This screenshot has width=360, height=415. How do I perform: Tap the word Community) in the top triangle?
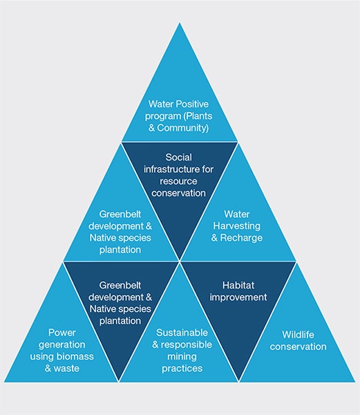click(183, 128)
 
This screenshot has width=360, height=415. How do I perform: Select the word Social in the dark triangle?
click(179, 157)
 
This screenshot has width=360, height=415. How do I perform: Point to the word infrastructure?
click(172, 169)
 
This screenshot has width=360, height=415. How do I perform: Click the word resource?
click(178, 181)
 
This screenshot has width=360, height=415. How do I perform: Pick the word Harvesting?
click(237, 226)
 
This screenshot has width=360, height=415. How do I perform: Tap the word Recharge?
click(241, 238)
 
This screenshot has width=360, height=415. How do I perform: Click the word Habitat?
click(238, 285)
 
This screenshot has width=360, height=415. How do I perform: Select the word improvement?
click(238, 297)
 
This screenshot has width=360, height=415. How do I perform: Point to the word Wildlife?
click(298, 335)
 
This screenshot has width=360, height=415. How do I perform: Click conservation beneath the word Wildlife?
click(298, 347)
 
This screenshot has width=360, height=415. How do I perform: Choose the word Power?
click(62, 333)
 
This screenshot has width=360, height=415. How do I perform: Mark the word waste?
click(66, 369)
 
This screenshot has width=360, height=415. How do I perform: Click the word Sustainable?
click(182, 333)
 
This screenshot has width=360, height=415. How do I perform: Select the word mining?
click(182, 357)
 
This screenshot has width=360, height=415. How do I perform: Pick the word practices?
click(182, 369)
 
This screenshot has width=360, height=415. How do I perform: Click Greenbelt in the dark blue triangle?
click(120, 285)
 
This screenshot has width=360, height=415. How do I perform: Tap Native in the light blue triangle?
click(102, 238)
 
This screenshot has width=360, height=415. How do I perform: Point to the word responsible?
click(187, 345)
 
